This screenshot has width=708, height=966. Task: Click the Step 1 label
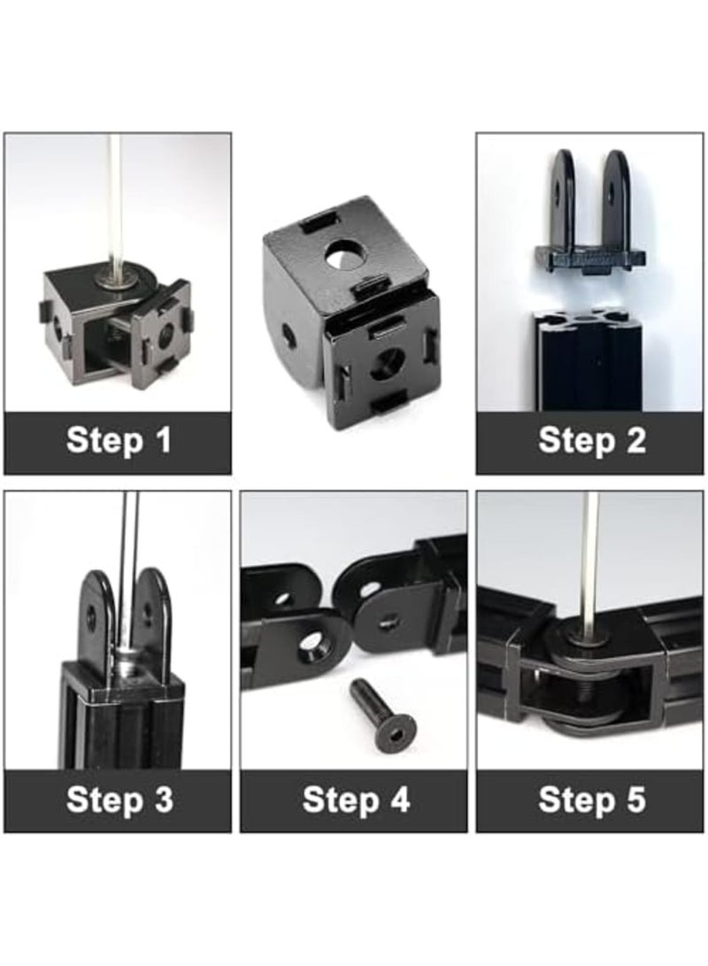coord(118,441)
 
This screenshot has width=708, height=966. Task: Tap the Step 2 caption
coord(591,441)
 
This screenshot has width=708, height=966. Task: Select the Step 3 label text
coord(119,800)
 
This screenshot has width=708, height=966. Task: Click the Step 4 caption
coord(355,800)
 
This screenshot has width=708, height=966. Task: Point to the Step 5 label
coord(591,800)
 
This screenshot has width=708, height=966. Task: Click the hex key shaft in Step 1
coord(115,204)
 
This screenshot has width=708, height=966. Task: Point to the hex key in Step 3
coord(129,567)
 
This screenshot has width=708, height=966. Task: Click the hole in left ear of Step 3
coord(91,617)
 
